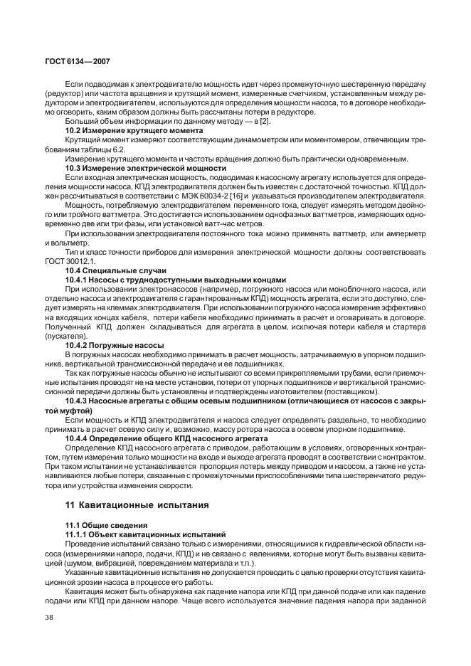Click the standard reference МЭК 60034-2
point(231,194)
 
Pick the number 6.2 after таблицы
point(118,149)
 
